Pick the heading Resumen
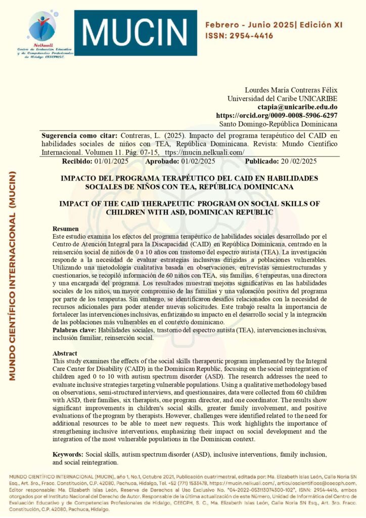pyautogui.click(x=66, y=229)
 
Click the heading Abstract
pyautogui.click(x=65, y=354)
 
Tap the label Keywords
pyautogui.click(x=69, y=454)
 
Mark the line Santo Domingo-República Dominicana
pyautogui.click(x=279, y=124)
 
